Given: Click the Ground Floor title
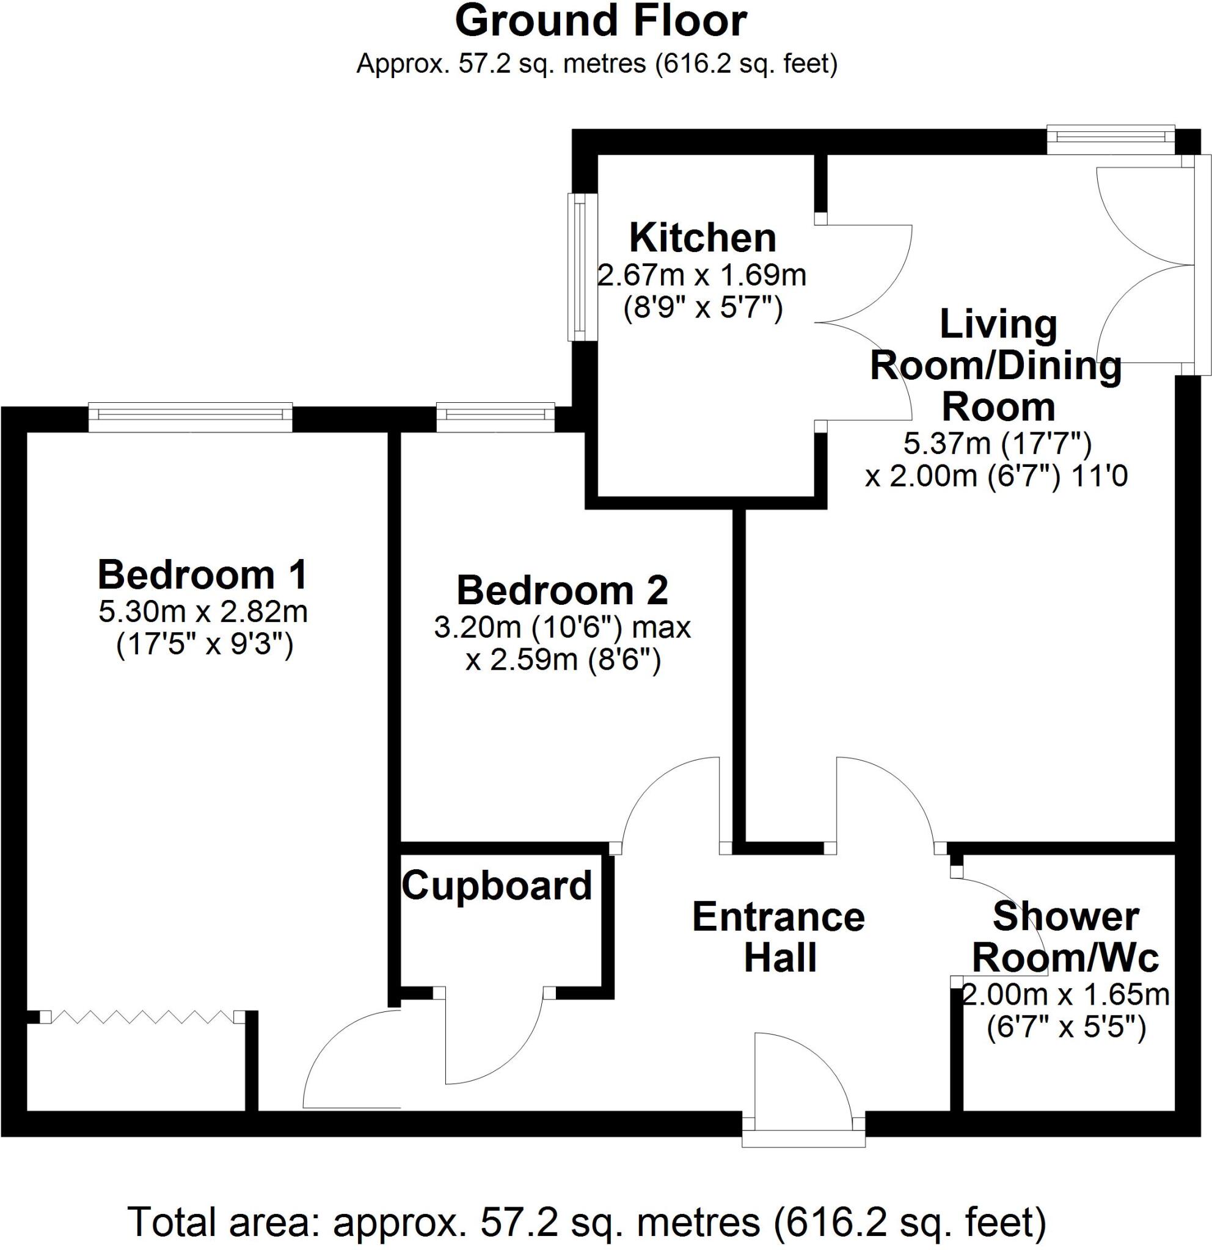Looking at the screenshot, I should tap(600, 22).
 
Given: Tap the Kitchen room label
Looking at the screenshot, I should tap(703, 239).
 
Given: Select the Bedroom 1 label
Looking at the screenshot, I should tap(202, 574).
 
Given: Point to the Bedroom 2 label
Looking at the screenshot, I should tap(562, 591).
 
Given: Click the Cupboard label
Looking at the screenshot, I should tap(497, 886).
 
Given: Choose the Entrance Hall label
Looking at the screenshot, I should tap(779, 937).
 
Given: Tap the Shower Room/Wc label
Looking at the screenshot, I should tap(1065, 937).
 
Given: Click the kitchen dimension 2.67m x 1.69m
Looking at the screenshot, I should tap(702, 275).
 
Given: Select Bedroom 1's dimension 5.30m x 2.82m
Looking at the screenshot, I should tap(203, 612).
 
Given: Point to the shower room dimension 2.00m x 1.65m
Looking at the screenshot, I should tap(1065, 995).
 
